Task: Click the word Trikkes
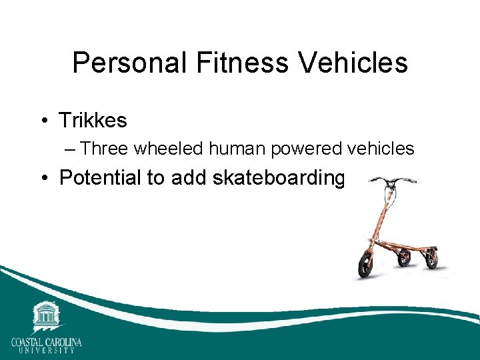pyautogui.click(x=93, y=121)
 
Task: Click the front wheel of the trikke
pyautogui.click(x=367, y=265)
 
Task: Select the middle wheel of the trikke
pyautogui.click(x=404, y=257)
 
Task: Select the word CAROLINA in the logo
pyautogui.click(x=65, y=343)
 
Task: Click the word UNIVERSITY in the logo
pyautogui.click(x=46, y=351)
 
